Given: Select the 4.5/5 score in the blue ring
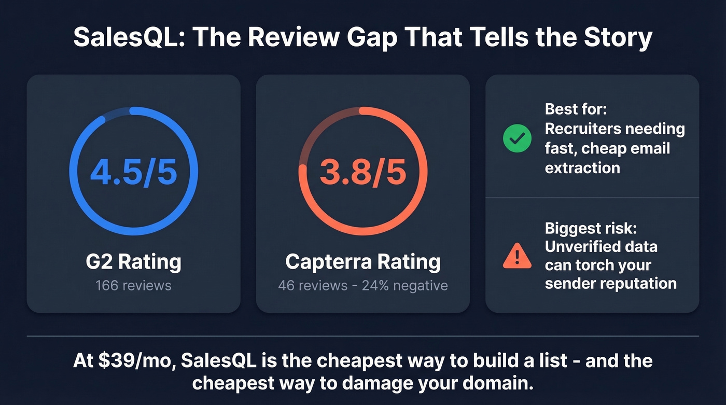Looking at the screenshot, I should (x=133, y=172).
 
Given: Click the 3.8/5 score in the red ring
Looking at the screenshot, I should (x=363, y=172).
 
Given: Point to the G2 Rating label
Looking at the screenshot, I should (x=133, y=262).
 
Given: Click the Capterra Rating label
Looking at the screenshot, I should (x=363, y=262).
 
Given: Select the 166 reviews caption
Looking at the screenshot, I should (x=133, y=285).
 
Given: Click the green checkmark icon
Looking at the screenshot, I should (x=517, y=138).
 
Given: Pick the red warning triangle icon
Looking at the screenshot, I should (x=517, y=256).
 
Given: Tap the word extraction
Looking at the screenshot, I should (x=582, y=167).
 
